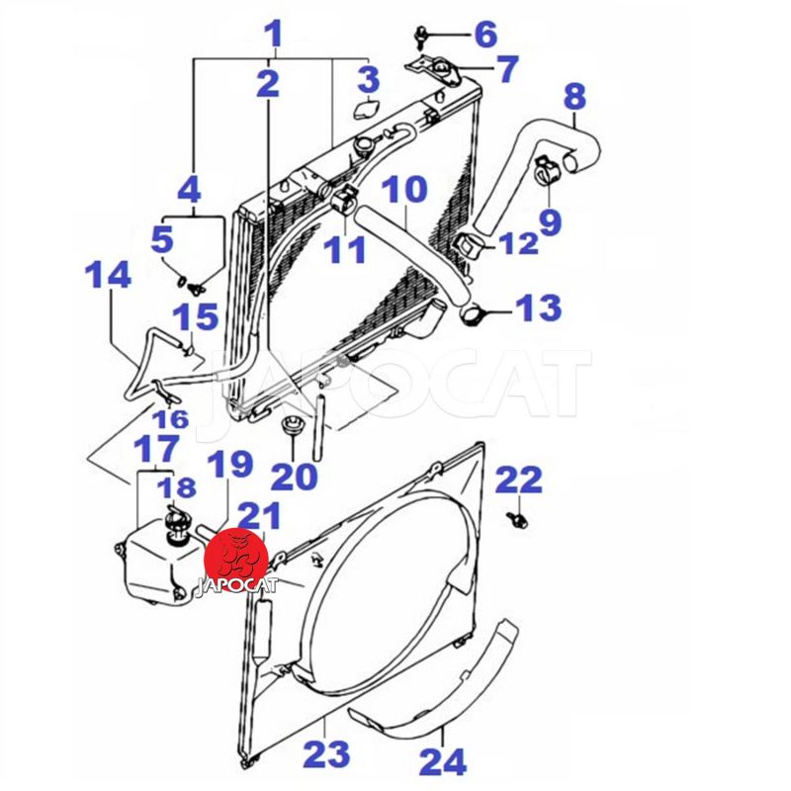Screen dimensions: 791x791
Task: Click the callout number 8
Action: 574,97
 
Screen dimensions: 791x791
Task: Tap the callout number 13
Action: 539,308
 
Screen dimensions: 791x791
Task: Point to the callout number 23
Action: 327,753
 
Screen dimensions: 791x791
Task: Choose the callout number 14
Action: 108,275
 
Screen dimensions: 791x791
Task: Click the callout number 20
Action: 294,477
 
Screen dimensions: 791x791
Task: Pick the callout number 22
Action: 518,480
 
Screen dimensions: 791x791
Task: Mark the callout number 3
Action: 369,79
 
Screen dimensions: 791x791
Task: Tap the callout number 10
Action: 404,189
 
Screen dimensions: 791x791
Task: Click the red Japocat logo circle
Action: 235,562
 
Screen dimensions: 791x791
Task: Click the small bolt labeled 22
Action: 516,519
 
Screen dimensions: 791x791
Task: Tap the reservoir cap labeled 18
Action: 175,525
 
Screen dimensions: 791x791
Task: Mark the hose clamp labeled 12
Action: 472,246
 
